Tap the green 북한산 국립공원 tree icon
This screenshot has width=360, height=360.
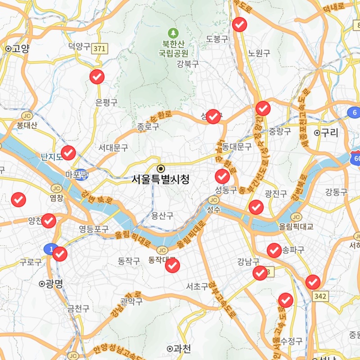[173, 33]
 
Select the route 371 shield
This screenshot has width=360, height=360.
[99, 48]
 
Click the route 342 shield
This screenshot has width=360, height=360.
[320, 296]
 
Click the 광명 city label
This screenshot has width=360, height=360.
[52, 283]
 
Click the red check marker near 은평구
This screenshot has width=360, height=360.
[97, 77]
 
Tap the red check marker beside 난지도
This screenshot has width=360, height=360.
[68, 153]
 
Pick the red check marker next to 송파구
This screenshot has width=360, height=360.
[274, 250]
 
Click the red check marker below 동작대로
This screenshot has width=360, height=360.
[172, 266]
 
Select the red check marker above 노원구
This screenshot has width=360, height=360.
[240, 24]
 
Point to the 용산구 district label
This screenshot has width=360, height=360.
[162, 216]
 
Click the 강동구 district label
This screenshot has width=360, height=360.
[337, 192]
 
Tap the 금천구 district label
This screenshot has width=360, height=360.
[78, 309]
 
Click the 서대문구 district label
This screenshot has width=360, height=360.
[113, 147]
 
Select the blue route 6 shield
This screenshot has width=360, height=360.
[354, 112]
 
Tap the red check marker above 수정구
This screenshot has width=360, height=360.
[286, 300]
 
